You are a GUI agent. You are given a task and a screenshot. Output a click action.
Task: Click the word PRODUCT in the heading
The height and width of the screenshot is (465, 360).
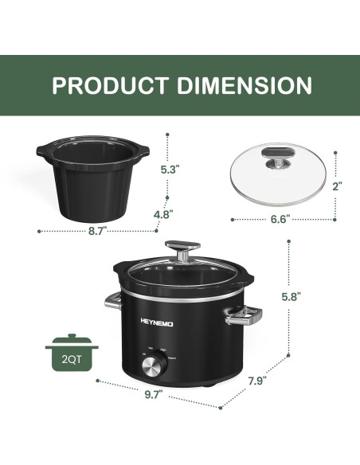(x=112, y=85)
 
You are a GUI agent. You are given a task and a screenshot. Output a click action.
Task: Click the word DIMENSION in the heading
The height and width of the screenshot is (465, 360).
(x=245, y=85)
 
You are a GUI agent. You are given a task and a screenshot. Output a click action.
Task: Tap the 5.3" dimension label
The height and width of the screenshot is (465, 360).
(x=170, y=169)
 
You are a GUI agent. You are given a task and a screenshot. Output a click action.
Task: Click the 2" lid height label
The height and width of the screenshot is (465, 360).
(x=338, y=186)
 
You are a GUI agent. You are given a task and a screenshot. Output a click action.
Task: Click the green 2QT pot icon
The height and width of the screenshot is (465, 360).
(x=72, y=351)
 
